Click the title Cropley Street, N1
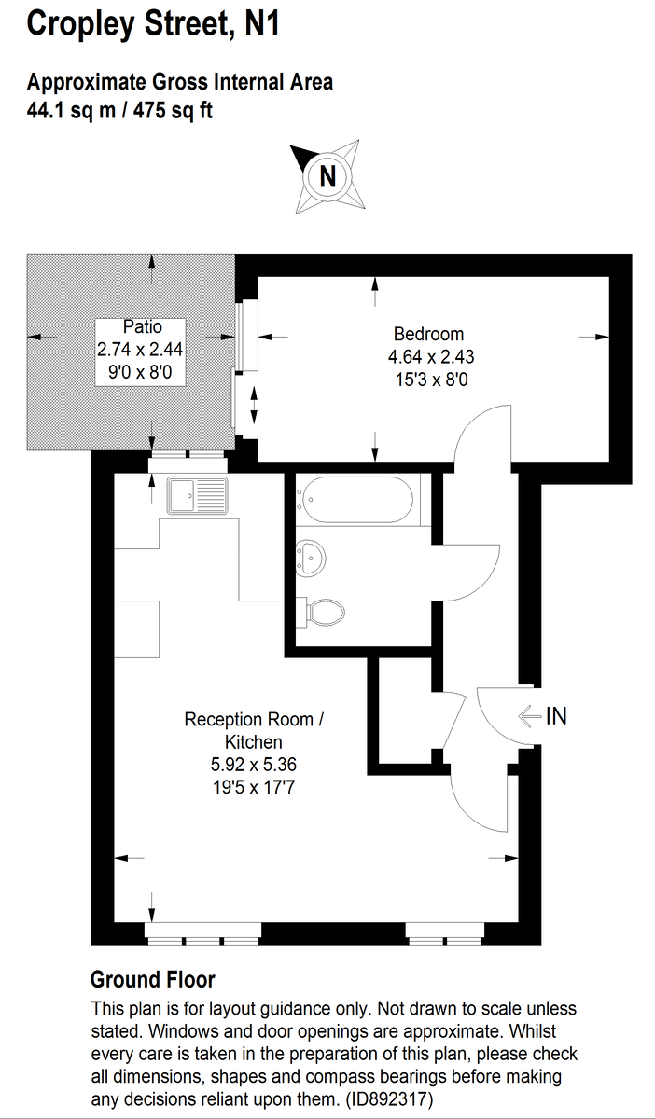(x=153, y=22)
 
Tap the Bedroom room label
(x=428, y=334)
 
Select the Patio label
(x=142, y=326)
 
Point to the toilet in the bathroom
(x=326, y=612)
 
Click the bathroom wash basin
(x=310, y=558)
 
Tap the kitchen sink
(x=197, y=495)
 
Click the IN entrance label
(x=556, y=716)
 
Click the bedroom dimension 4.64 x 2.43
(x=428, y=356)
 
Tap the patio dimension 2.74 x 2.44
(x=142, y=350)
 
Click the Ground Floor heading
(x=152, y=980)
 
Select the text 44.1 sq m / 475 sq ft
(x=120, y=110)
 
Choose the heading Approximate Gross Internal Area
(x=179, y=83)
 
